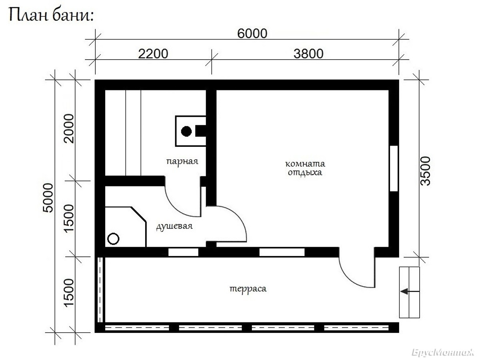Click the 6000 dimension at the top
(x=252, y=34)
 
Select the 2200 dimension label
(x=153, y=54)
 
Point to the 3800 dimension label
(x=308, y=54)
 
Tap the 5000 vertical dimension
(x=48, y=198)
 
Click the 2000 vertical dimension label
(x=69, y=128)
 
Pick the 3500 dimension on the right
(x=425, y=171)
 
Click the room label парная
(x=182, y=162)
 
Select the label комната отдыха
(x=305, y=168)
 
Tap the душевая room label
(x=174, y=226)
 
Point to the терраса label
(x=248, y=289)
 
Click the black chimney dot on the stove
(x=186, y=131)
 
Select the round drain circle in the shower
(x=113, y=239)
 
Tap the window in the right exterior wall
(x=394, y=168)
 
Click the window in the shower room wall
(x=183, y=252)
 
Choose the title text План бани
(x=51, y=15)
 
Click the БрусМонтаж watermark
(x=443, y=352)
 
